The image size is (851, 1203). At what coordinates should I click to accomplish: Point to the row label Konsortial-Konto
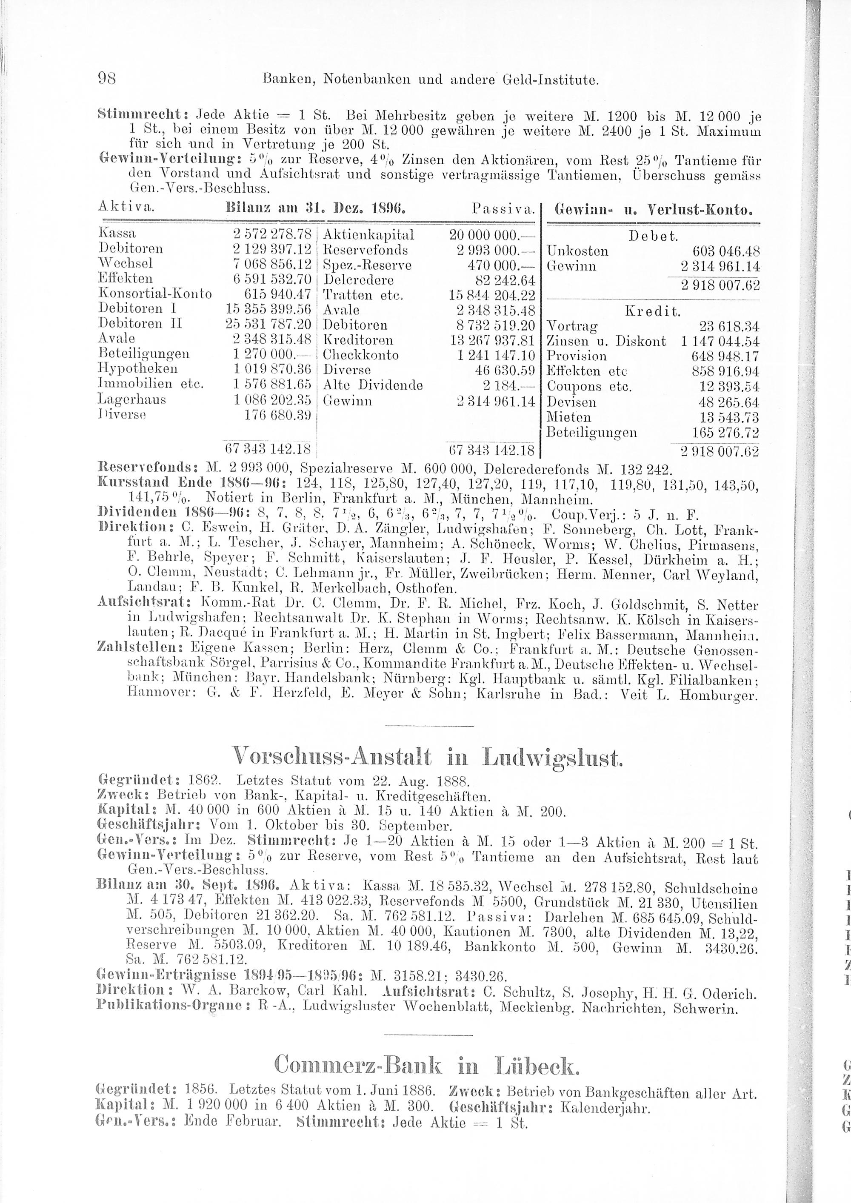pos(154,294)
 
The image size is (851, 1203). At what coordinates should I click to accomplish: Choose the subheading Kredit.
pos(653,312)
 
